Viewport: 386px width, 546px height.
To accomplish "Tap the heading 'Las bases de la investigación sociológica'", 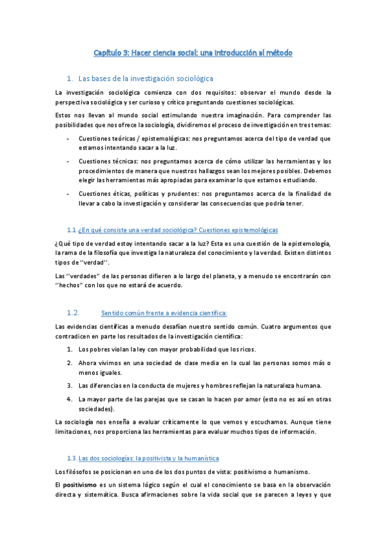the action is pyautogui.click(x=145, y=78).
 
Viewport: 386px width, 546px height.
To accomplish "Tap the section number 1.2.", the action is pyautogui.click(x=72, y=313).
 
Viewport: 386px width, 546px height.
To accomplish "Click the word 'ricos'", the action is pyautogui.click(x=246, y=350).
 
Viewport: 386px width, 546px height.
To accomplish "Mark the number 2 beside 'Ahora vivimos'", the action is pyautogui.click(x=70, y=363).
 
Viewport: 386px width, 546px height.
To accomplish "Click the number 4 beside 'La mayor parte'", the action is pyautogui.click(x=70, y=399).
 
